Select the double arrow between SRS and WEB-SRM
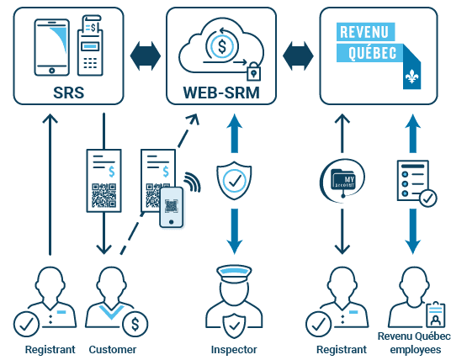coord(145,56)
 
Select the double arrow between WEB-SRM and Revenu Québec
coord(298,56)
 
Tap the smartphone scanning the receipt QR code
coord(172,207)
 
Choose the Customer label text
coord(112,349)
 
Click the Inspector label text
coord(233,349)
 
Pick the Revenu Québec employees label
coord(411,343)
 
